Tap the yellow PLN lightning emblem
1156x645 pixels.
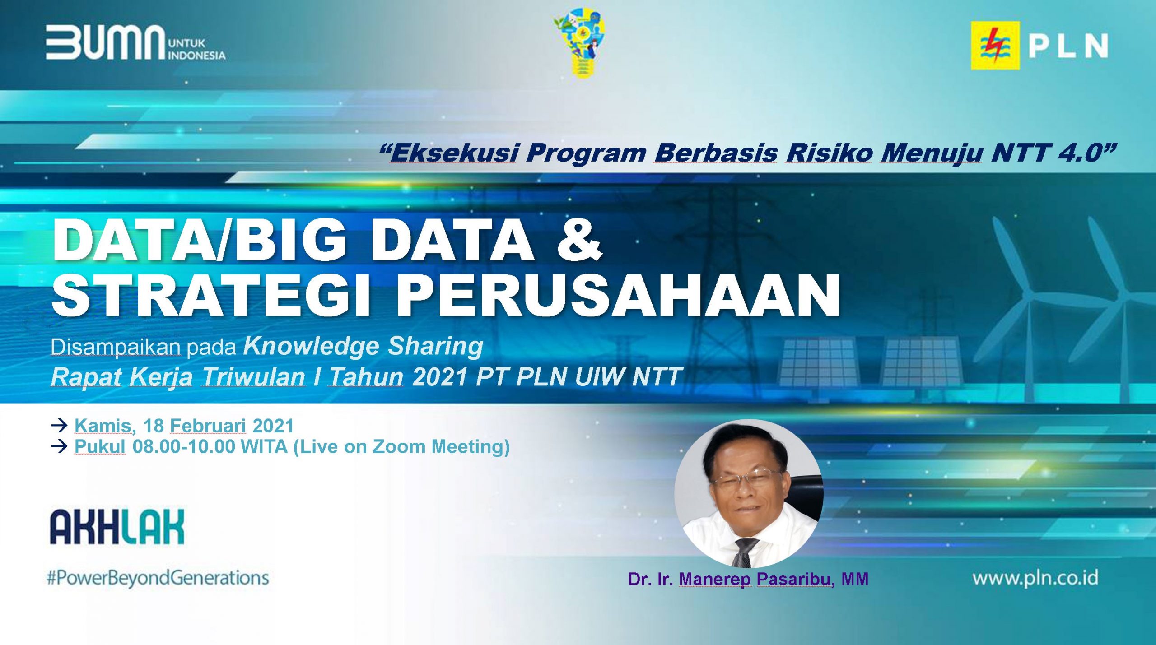tap(995, 46)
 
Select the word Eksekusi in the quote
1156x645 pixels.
tap(453, 153)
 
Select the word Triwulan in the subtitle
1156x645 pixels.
tap(253, 377)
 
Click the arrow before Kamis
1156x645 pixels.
tap(59, 425)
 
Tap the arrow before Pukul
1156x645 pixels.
tap(59, 447)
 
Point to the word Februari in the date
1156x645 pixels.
tap(208, 426)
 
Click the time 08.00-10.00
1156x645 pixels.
tap(184, 446)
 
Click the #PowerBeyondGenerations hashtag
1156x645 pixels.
tap(158, 578)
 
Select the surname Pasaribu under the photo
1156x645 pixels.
tap(796, 579)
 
